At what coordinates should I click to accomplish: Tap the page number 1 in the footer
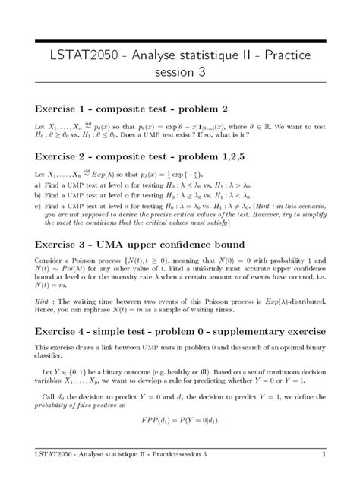click(324, 455)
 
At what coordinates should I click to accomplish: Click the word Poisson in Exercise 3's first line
click(87, 262)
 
